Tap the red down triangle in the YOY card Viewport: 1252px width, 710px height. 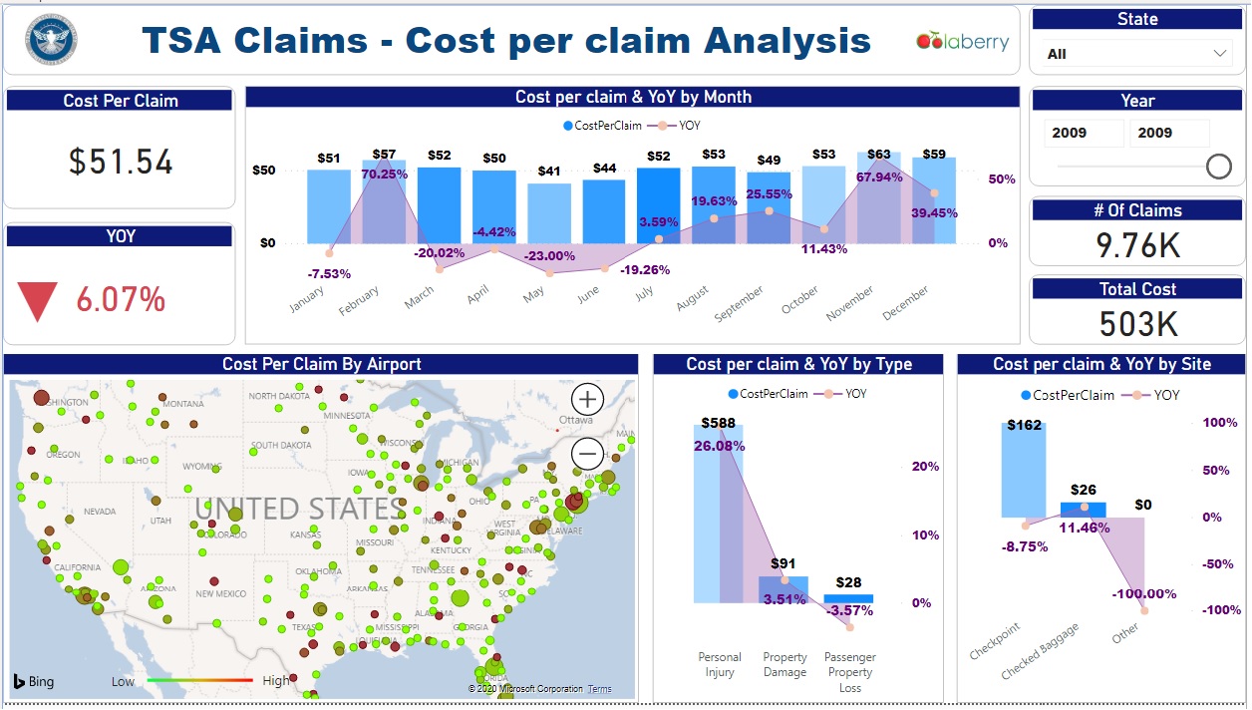38,301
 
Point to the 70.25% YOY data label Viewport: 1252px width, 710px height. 385,174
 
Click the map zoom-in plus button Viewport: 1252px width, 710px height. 588,400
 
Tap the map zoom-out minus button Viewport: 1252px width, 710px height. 588,455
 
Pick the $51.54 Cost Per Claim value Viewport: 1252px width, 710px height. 121,162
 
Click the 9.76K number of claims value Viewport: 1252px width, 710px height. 1137,244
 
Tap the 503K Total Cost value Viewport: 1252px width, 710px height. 1137,323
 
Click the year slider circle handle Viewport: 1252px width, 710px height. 1218,167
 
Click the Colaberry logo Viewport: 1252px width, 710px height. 962,42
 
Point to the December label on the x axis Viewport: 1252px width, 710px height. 905,303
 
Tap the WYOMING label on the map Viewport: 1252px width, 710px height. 201,467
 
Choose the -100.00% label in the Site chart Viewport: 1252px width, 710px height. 1144,593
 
